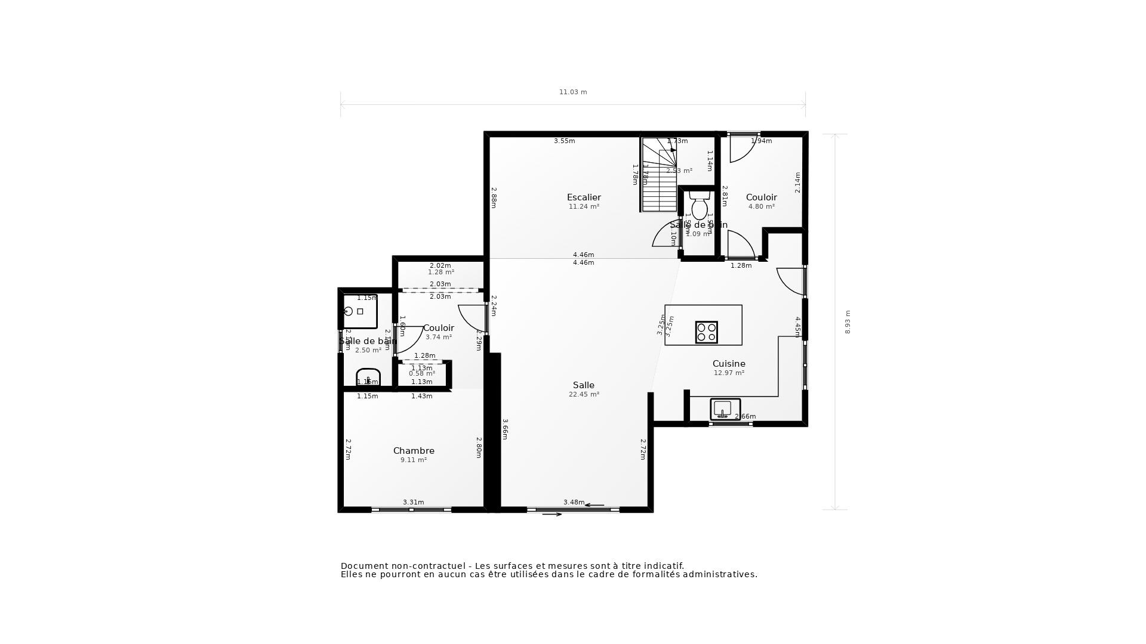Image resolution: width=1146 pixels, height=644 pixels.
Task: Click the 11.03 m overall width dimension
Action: tap(573, 92)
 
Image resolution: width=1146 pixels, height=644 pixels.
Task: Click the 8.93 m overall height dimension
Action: tap(848, 322)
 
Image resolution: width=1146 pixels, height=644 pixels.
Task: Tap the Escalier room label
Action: tap(584, 197)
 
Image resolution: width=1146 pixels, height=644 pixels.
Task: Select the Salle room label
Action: tap(583, 385)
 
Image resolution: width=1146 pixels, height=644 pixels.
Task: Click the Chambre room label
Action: tap(414, 451)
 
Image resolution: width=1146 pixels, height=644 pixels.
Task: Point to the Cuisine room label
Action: tap(729, 364)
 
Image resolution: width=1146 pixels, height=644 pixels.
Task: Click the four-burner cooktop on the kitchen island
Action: tap(706, 332)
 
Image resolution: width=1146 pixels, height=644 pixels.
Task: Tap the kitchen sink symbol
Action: tap(725, 409)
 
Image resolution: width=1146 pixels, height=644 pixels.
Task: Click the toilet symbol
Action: tap(700, 206)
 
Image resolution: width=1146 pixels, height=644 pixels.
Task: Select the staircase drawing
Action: tap(659, 174)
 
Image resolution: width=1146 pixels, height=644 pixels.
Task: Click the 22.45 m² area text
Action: tap(584, 394)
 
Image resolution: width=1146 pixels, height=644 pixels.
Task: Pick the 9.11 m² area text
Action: tap(414, 460)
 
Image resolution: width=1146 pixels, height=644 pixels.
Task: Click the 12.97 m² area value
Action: tap(729, 373)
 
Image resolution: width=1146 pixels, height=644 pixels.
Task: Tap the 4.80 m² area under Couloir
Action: tap(762, 206)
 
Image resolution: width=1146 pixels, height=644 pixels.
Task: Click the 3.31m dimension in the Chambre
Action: tap(413, 502)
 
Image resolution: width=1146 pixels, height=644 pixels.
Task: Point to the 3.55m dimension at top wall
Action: tap(564, 141)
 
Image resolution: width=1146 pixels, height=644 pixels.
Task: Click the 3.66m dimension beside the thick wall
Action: tap(505, 429)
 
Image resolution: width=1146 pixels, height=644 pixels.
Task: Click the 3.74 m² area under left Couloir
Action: tap(439, 337)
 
